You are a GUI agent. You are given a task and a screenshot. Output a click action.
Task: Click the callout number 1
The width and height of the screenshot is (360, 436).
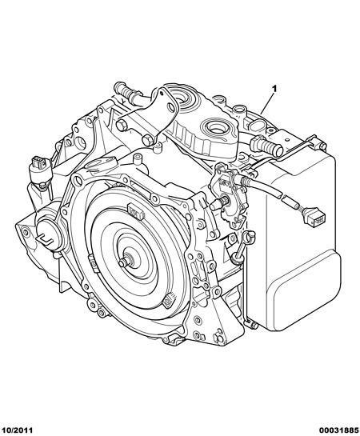(274, 89)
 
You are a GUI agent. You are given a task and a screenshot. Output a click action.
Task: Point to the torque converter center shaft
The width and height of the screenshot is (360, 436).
(124, 262)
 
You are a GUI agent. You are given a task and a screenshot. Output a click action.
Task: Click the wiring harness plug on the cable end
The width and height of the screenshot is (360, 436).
(315, 215)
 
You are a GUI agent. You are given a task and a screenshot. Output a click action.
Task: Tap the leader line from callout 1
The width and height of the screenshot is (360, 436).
(267, 103)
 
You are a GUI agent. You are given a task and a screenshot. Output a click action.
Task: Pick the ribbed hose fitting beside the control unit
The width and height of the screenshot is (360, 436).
(266, 146)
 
